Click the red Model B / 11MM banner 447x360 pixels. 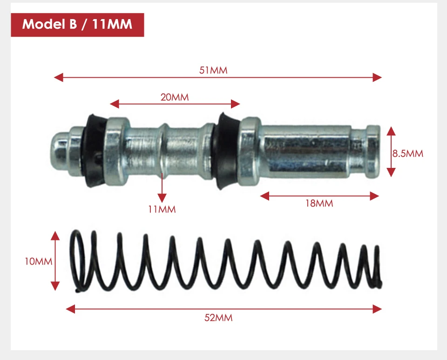tap(77, 25)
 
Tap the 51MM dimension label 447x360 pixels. tap(213, 70)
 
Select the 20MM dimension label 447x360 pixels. tap(175, 97)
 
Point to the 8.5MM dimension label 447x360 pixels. tap(408, 153)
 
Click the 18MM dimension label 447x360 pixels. tap(319, 203)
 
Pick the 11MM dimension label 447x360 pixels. tap(162, 209)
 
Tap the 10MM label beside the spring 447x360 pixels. tap(39, 261)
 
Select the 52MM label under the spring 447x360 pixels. tap(218, 318)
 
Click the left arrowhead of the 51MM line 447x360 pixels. tap(59, 77)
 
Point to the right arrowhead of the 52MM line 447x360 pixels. tap(377, 309)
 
